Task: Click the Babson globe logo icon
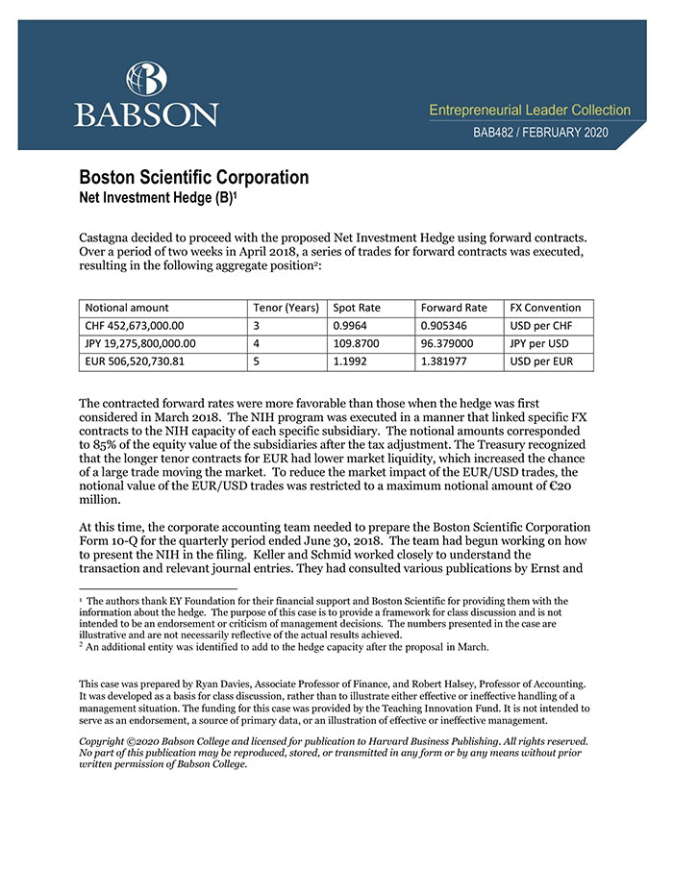pos(146,79)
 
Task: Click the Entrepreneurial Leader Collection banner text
pos(530,111)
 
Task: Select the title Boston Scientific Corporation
pos(193,178)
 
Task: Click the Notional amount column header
pos(127,308)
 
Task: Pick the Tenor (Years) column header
pos(286,308)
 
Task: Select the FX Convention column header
pos(545,308)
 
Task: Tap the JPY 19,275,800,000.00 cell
pos(141,343)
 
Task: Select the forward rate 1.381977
pos(448,361)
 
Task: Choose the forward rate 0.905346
pos(448,326)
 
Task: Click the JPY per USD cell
pos(540,343)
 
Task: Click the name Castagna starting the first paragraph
pos(108,236)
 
